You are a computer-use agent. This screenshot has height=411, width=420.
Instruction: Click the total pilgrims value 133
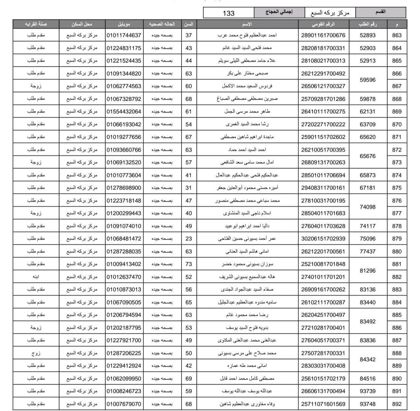point(228,13)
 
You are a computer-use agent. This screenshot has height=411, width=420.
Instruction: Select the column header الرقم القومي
point(323,24)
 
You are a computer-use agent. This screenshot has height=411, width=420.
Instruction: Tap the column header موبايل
point(124,24)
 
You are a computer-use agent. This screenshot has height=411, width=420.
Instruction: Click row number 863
point(397,35)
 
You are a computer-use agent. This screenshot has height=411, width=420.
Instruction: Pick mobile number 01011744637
point(124,35)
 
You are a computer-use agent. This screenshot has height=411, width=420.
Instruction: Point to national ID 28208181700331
point(323,48)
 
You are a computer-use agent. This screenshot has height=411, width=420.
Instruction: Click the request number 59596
point(367,80)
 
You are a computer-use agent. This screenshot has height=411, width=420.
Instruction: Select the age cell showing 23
point(189,239)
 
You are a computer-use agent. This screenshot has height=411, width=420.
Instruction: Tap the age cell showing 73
point(189,264)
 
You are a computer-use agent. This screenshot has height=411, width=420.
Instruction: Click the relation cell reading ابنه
point(36,277)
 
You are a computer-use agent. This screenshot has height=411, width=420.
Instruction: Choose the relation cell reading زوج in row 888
point(36,353)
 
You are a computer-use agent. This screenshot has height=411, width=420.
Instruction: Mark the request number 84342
point(367,359)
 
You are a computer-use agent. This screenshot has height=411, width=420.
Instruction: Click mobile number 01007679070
point(124,404)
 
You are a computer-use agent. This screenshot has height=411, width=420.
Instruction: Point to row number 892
point(397,404)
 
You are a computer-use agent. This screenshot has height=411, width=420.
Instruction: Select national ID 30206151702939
point(323,239)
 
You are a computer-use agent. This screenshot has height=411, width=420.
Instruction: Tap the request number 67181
point(367,188)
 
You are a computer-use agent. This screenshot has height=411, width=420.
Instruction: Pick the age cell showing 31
point(189,188)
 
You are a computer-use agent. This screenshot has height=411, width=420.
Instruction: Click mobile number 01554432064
point(124,112)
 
